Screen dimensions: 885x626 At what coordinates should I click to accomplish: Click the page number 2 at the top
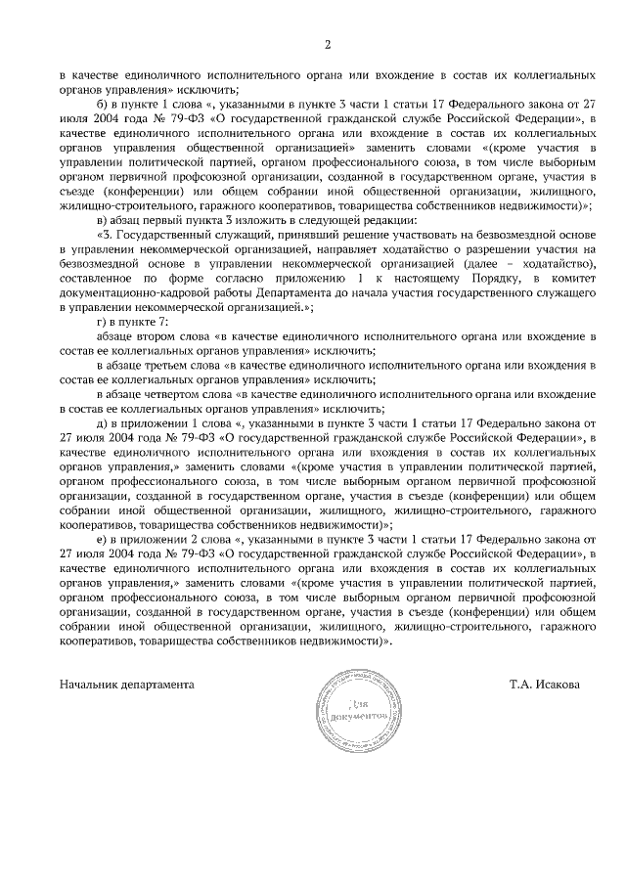(x=328, y=44)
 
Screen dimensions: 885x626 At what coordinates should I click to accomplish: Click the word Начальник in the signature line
(x=90, y=685)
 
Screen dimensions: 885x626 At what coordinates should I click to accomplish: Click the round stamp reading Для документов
(x=355, y=712)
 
